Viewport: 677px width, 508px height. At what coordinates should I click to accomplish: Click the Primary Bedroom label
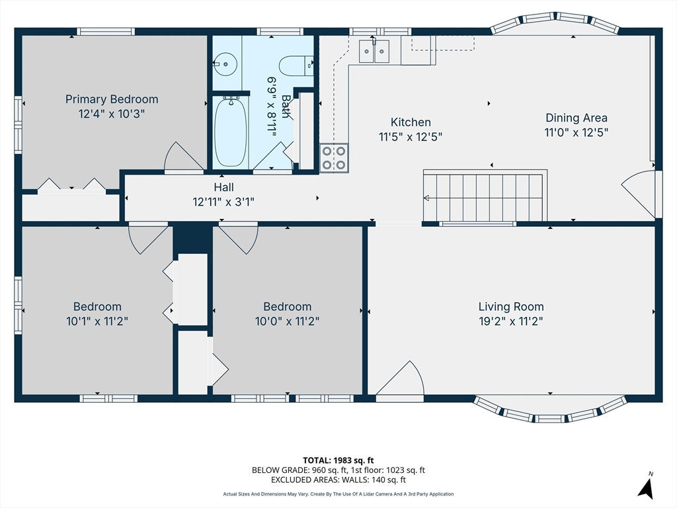point(112,99)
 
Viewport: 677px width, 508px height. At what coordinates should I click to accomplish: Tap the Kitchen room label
point(411,122)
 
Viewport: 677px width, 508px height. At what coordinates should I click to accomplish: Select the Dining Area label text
point(576,118)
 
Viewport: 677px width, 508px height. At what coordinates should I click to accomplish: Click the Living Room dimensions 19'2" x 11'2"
point(511,321)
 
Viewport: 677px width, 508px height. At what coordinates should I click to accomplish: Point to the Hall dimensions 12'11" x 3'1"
point(223,202)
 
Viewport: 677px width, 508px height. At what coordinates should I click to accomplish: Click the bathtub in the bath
point(231,132)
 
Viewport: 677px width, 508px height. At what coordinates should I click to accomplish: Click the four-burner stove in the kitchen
point(334,157)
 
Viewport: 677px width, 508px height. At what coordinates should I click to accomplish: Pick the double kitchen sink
point(374,52)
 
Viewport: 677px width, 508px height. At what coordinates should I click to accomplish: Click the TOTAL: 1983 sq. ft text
point(338,460)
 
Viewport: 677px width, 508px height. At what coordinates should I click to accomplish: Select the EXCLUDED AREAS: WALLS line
point(338,480)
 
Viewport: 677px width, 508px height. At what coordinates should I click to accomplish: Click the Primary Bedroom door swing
point(182,157)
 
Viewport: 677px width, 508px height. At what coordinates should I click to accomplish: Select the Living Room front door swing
point(399,381)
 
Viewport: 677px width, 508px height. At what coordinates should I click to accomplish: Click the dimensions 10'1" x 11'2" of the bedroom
point(97,321)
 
